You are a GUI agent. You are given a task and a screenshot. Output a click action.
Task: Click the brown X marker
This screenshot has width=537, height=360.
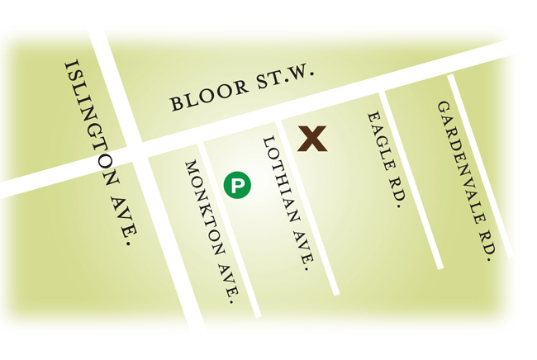coord(312,139)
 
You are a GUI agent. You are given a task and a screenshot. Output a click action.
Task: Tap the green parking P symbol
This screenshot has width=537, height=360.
coord(238,185)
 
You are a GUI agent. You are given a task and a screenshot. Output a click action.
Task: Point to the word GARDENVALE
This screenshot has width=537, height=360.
coord(459,165)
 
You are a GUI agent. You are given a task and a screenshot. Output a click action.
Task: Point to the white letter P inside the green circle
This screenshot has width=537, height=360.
coord(238,185)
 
